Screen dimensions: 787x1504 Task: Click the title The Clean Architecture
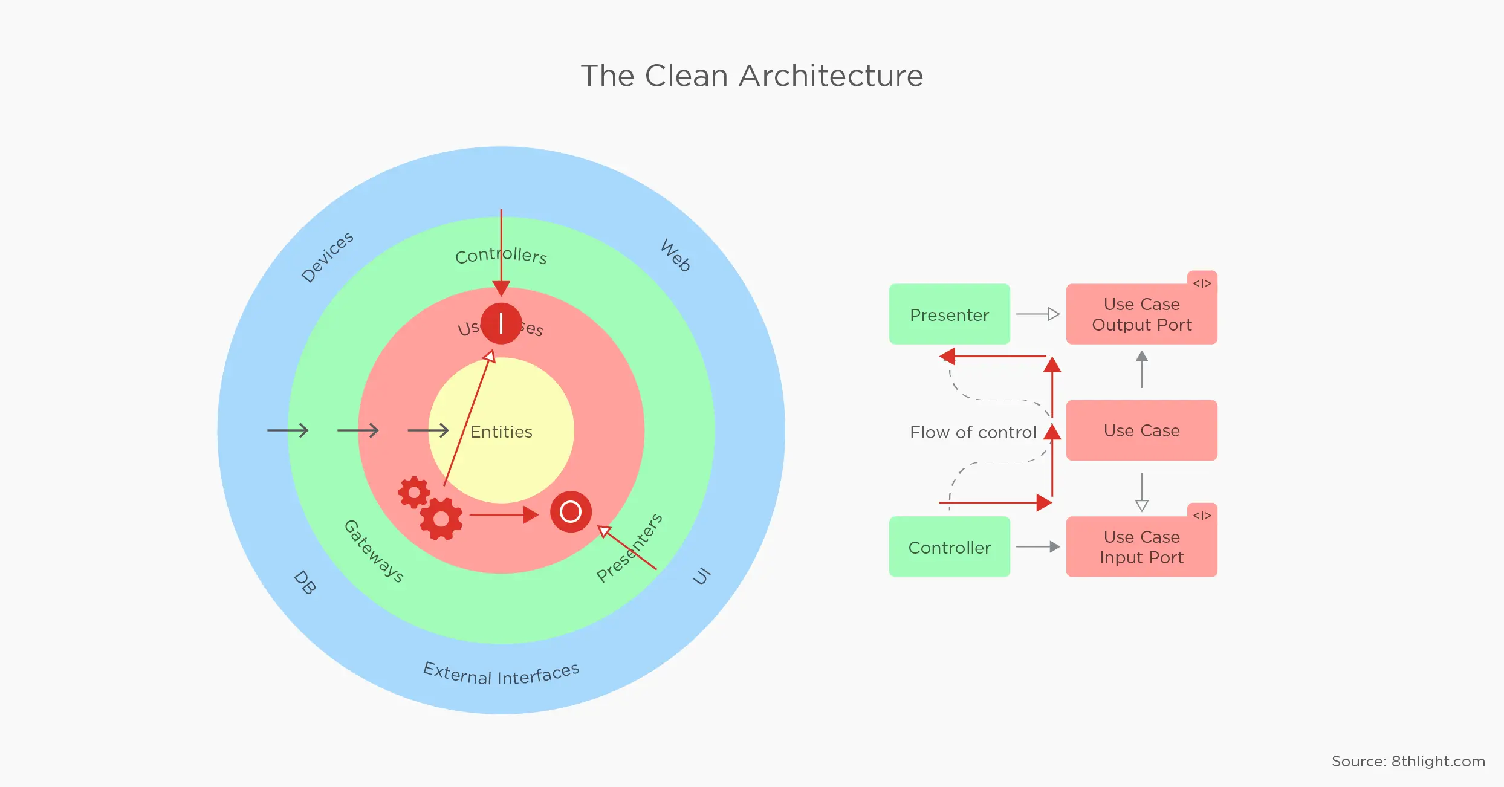pos(751,76)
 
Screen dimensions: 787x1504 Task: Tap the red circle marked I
pos(501,323)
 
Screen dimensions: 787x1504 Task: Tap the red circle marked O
pos(571,511)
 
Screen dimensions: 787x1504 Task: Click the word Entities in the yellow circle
pos(501,432)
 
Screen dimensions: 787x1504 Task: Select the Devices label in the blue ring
pos(327,257)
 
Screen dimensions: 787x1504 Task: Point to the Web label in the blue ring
pos(676,255)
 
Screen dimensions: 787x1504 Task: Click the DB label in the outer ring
pos(305,583)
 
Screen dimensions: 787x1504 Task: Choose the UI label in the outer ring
pos(701,576)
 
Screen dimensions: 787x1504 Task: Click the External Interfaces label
pos(501,674)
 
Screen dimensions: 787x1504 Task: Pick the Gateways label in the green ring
pos(374,551)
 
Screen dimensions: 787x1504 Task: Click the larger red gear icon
pos(441,519)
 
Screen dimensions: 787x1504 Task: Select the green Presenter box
pos(949,314)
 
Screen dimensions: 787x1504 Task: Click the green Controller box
pos(949,547)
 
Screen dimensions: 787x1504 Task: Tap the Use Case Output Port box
pos(1141,314)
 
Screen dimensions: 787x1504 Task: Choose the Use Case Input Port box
pos(1141,547)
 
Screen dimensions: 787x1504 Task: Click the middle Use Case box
pos(1141,430)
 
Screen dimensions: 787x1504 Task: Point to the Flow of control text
pos(973,432)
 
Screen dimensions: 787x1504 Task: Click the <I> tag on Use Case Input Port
pos(1202,515)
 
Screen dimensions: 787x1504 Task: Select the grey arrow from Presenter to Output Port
pos(1037,314)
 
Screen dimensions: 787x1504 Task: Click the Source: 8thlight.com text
pos(1408,761)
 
